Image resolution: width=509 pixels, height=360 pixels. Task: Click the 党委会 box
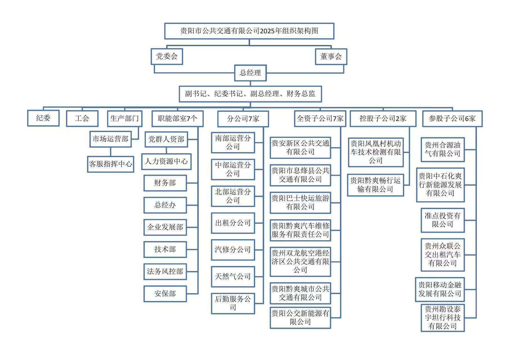click(167, 57)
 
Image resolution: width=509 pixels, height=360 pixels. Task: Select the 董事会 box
click(331, 57)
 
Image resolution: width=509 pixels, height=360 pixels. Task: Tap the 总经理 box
click(250, 73)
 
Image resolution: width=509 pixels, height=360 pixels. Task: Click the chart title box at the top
click(249, 31)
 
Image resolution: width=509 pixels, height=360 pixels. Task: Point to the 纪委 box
click(43, 118)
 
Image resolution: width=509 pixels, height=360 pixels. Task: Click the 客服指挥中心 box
click(111, 164)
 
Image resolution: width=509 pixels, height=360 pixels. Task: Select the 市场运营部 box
click(111, 139)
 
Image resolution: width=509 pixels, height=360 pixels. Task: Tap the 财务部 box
click(165, 183)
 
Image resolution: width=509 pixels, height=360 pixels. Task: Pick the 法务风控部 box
click(165, 272)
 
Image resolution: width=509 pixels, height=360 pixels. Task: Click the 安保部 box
click(165, 294)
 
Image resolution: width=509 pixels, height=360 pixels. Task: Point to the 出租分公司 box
click(233, 223)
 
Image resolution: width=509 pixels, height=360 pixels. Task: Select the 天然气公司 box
click(233, 277)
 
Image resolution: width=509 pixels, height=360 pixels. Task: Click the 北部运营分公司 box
click(233, 196)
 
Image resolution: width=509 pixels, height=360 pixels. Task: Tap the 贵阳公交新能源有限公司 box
click(300, 318)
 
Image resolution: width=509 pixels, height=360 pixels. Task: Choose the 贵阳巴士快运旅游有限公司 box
click(300, 203)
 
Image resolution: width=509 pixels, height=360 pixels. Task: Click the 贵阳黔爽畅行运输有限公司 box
click(375, 185)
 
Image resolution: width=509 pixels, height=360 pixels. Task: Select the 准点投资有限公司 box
click(442, 220)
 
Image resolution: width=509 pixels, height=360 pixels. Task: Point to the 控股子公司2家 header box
click(383, 118)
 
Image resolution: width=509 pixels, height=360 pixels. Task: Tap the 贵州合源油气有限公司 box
click(442, 149)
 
